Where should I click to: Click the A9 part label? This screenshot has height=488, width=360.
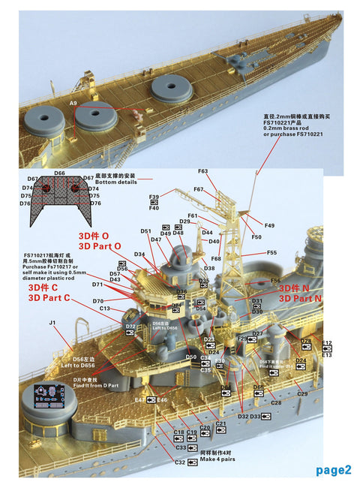point(73,103)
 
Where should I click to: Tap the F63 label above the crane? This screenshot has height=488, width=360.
point(202,172)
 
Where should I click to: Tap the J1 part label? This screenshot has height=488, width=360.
point(52,323)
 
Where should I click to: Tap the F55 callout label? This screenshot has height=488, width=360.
point(271,253)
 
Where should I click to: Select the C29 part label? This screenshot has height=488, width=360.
point(302,393)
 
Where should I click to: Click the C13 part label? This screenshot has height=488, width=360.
point(105,309)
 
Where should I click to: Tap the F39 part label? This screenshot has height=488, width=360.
point(154,197)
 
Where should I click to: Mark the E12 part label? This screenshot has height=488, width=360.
point(326,342)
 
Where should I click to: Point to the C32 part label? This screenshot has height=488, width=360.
point(180,462)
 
